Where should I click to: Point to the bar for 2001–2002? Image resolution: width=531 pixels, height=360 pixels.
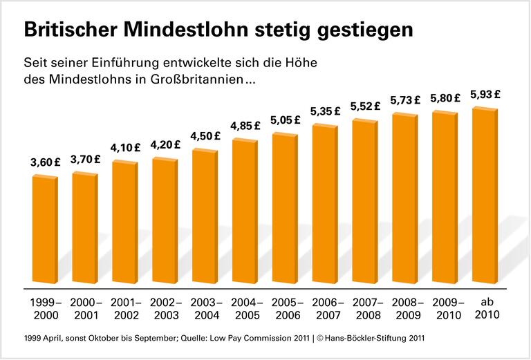125,222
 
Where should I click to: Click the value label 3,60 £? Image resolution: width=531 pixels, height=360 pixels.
46,162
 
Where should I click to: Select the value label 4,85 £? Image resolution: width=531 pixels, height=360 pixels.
245,126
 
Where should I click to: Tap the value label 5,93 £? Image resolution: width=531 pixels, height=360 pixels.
485,95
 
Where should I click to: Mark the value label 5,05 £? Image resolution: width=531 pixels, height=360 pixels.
286,119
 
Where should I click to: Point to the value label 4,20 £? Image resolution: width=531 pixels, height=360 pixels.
165,145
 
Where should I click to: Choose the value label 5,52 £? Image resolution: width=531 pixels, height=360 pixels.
366,106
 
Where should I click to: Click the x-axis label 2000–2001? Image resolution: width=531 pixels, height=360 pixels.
86,309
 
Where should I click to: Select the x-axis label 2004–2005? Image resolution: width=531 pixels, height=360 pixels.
245,309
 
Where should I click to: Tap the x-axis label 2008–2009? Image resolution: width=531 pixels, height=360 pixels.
405,309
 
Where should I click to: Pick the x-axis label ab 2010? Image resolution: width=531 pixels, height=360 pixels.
485,309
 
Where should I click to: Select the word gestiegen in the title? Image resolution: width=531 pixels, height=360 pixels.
359,30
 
